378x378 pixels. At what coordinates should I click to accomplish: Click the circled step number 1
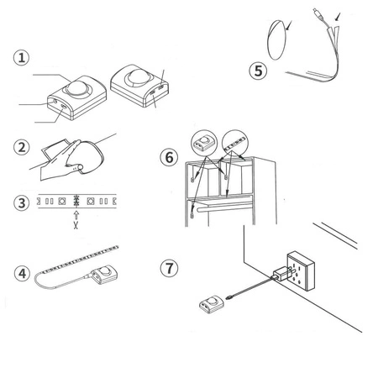coord(21,58)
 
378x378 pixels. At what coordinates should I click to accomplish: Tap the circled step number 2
coord(22,147)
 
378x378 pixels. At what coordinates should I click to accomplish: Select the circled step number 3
coord(22,203)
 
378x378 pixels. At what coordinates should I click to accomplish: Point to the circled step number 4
coord(22,273)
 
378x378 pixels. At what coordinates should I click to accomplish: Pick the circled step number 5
coord(258,71)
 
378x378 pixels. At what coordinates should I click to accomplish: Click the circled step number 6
coord(169,157)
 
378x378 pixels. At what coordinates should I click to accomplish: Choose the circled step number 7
coord(169,268)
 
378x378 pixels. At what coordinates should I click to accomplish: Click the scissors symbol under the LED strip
coord(76,225)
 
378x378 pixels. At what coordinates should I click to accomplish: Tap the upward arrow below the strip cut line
coord(76,215)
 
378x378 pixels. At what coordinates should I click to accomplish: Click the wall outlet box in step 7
coord(301,270)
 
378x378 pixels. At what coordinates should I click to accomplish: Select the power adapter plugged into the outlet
coord(281,273)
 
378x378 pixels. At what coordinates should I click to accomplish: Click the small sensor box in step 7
coord(212,304)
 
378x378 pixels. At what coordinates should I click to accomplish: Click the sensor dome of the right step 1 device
coord(138,76)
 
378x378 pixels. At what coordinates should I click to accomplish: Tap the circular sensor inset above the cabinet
coord(204,143)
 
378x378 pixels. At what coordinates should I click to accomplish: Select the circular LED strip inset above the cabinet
coord(235,143)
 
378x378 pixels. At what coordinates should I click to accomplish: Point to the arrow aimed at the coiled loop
coord(289,25)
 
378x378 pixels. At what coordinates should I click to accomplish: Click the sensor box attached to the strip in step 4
coord(104,275)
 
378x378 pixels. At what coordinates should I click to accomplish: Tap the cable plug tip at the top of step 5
coord(317,13)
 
